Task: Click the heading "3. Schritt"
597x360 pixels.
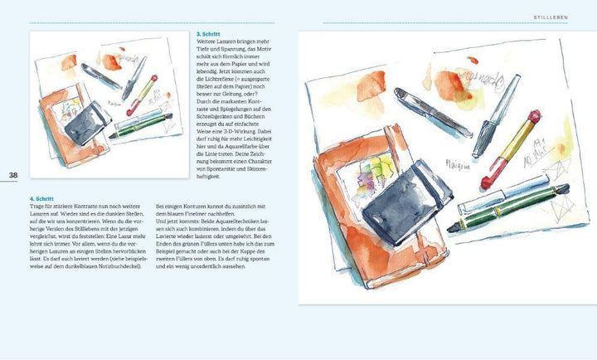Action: click(210, 34)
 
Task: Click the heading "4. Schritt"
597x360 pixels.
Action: click(19, 200)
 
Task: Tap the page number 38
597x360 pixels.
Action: click(13, 175)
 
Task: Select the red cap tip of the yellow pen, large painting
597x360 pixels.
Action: click(488, 183)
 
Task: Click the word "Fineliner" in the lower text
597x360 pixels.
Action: click(202, 210)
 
